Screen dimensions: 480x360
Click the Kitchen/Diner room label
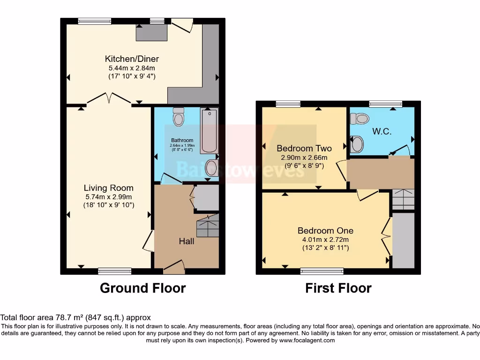coord(132,59)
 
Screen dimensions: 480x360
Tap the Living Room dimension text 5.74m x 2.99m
coord(109,197)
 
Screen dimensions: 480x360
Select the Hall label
coord(187,241)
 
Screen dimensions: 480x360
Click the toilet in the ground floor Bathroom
coord(179,117)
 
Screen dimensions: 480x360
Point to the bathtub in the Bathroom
coord(210,131)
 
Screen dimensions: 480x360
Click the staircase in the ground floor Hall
coord(208,226)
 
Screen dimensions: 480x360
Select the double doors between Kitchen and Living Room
coord(109,98)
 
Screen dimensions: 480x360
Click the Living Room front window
coord(115,271)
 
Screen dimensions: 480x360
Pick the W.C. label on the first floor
coord(382,131)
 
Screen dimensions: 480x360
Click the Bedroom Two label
coord(304,149)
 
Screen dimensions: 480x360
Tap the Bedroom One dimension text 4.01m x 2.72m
coord(325,240)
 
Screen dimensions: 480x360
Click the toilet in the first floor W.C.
coord(360,119)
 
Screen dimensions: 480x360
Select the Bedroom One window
coord(322,271)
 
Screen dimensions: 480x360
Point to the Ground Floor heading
coord(142,288)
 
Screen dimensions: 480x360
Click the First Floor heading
coord(338,288)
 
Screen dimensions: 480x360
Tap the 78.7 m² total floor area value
coord(69,318)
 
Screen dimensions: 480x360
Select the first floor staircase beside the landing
coord(404,199)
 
